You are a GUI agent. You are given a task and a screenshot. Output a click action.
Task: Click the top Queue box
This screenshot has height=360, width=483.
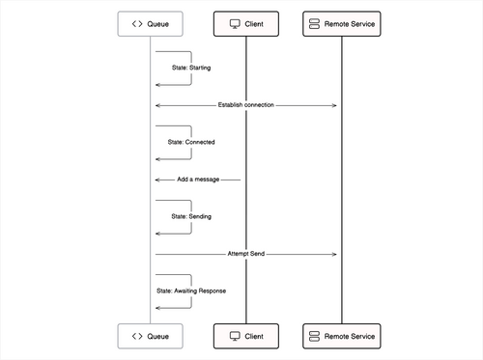point(150,23)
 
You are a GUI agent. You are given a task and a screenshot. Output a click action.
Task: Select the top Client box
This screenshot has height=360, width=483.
point(245,23)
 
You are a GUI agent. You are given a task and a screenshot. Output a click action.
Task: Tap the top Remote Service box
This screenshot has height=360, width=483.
point(341,23)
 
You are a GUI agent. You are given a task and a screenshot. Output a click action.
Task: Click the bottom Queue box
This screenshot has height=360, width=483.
point(150,336)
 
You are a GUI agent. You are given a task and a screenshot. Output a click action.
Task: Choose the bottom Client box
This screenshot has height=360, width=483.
point(245,336)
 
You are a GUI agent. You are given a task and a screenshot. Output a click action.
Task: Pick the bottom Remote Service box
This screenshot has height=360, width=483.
point(341,336)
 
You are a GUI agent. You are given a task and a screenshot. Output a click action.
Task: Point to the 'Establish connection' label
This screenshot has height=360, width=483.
point(245,104)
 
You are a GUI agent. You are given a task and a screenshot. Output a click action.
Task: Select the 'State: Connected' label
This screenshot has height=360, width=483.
point(191,142)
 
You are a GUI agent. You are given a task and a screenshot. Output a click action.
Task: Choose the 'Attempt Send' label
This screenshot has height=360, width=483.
point(245,254)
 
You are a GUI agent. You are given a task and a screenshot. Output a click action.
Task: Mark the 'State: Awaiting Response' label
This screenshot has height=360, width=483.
point(191,291)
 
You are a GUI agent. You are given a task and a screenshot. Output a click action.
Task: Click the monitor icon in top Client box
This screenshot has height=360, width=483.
point(234,23)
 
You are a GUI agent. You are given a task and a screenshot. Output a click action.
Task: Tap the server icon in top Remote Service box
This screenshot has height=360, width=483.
point(314,23)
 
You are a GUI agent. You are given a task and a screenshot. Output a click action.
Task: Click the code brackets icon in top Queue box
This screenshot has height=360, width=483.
point(137,23)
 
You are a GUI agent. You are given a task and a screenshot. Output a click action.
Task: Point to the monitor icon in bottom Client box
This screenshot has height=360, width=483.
point(234,336)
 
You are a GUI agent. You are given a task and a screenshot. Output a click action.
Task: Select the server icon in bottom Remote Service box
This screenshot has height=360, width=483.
point(314,336)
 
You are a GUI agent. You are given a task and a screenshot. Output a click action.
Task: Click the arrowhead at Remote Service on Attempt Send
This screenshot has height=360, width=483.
point(334,254)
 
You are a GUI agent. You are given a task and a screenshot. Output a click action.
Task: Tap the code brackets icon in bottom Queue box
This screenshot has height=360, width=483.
point(137,336)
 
